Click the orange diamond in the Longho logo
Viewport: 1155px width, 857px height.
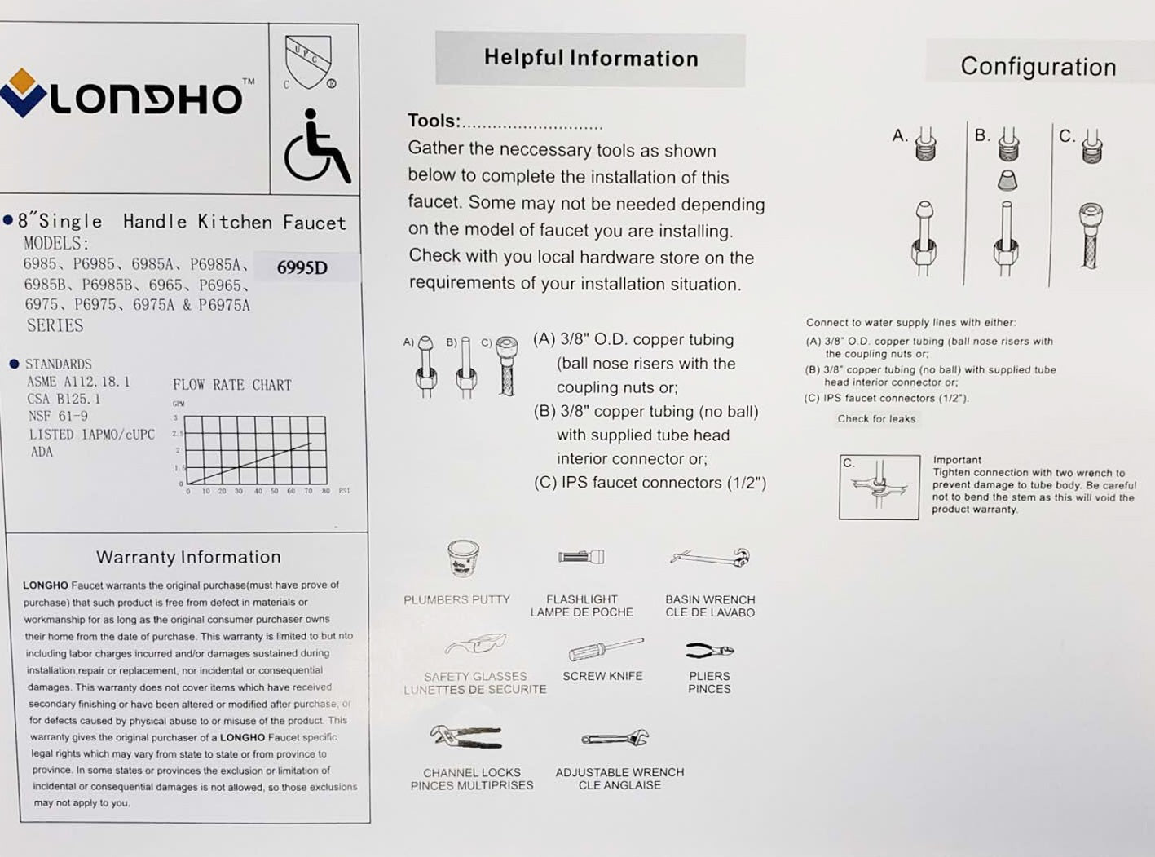coord(22,81)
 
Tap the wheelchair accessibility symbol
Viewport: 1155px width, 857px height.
coord(316,148)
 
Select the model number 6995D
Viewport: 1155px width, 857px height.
coord(302,267)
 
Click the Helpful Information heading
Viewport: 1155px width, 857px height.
coord(591,59)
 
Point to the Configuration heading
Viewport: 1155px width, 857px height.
coord(1038,67)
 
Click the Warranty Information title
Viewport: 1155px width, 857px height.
coord(188,557)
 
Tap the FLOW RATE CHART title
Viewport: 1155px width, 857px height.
coord(231,385)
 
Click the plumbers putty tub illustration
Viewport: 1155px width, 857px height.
coord(463,559)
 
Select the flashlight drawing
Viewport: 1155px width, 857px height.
coord(581,557)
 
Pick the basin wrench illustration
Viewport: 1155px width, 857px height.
coord(710,558)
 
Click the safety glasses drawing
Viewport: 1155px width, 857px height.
coord(475,645)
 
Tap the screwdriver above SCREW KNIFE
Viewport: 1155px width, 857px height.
coord(606,649)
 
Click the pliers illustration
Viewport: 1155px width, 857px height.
coord(709,650)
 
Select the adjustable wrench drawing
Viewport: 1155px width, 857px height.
coord(615,738)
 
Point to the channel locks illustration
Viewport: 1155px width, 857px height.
coord(466,736)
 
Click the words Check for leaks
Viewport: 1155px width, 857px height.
coord(876,419)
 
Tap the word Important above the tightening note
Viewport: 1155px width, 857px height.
coord(957,460)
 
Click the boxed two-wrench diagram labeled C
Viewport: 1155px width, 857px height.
coord(879,487)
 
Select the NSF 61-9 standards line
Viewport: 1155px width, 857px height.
coord(58,416)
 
